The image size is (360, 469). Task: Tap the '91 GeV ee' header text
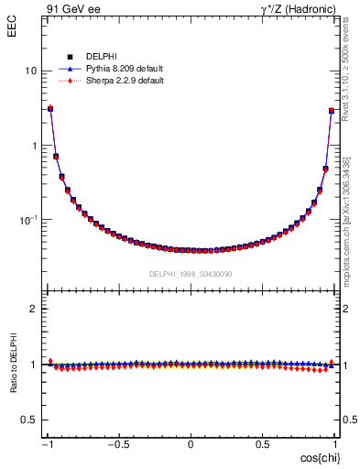(72, 8)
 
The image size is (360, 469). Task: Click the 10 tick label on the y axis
(30, 71)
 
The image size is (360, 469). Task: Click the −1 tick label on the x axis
(49, 444)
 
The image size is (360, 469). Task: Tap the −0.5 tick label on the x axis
(118, 444)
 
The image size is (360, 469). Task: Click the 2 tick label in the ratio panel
(33, 310)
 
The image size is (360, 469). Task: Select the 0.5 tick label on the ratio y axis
(29, 420)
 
